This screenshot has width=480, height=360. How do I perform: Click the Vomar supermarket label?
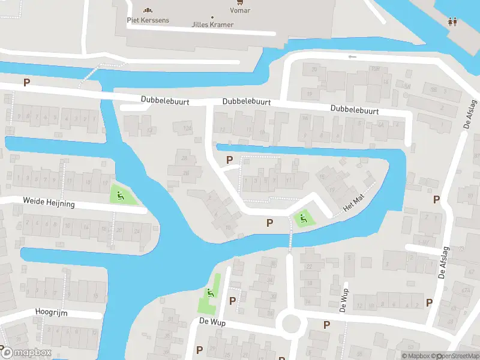point(241,11)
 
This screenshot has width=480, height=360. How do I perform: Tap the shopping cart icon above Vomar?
point(241,2)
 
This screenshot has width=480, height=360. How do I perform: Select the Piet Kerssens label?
point(148,20)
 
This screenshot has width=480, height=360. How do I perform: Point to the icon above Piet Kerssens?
point(148,10)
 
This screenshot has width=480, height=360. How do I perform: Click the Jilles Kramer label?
point(212,25)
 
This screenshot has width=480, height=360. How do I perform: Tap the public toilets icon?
point(453,22)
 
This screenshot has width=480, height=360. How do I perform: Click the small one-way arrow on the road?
point(352,57)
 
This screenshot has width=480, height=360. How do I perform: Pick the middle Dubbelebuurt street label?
point(246,103)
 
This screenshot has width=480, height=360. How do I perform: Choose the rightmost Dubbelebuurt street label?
point(355,110)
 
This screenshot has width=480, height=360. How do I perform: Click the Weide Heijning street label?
point(49,203)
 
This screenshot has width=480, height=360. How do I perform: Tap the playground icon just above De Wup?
point(209,293)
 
